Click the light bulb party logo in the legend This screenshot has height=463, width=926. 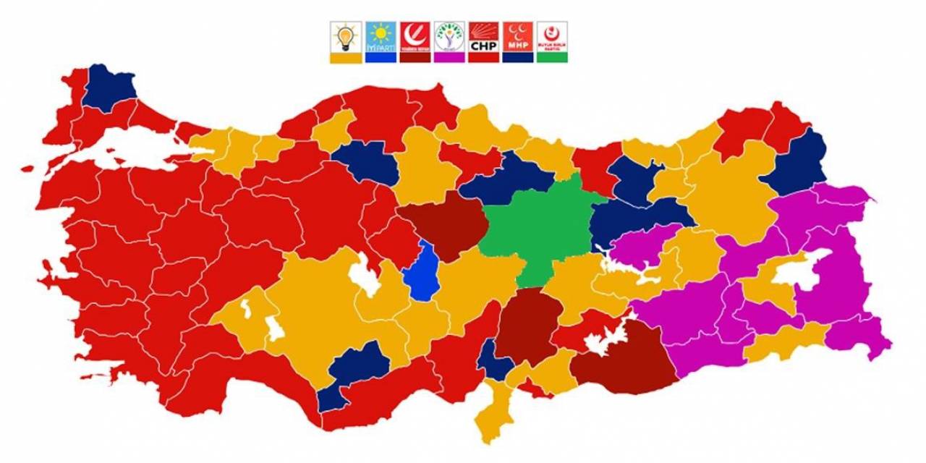click(x=346, y=35)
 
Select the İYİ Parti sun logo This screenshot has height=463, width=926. click(x=381, y=35)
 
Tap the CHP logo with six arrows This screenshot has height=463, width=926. click(x=483, y=35)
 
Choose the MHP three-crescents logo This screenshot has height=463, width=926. click(x=517, y=35)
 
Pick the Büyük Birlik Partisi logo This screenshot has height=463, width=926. click(x=552, y=35)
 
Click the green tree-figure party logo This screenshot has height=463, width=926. click(x=449, y=35)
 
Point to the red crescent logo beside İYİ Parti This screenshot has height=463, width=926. click(x=415, y=35)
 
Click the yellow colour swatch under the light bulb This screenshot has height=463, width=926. click(x=346, y=57)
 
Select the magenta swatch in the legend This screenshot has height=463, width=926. click(x=449, y=57)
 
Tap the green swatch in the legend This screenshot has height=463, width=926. click(x=552, y=57)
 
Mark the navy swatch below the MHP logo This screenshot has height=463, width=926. click(x=517, y=57)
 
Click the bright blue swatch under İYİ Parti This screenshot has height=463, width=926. click(x=381, y=57)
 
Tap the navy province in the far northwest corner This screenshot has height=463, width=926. click(x=109, y=87)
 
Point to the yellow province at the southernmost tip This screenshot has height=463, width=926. click(x=492, y=420)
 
